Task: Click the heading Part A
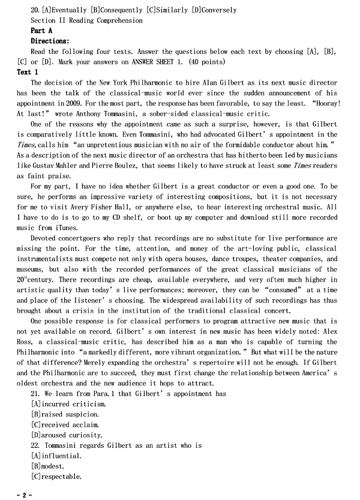(41, 31)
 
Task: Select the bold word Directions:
(50, 41)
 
